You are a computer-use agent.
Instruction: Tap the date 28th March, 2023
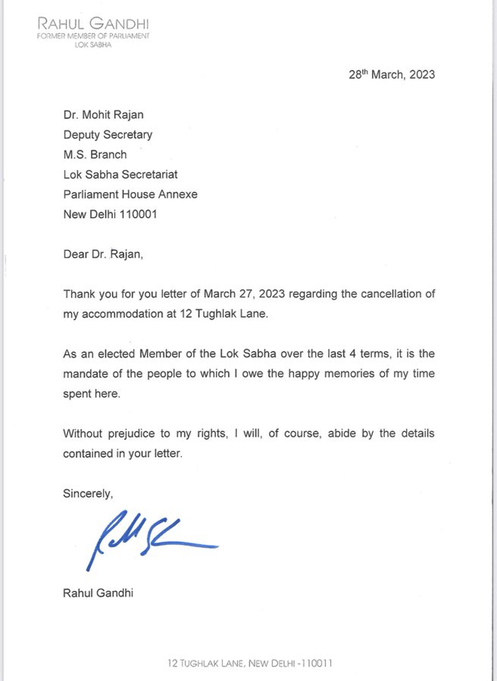pyautogui.click(x=391, y=74)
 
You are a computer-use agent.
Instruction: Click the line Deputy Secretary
pyautogui.click(x=108, y=134)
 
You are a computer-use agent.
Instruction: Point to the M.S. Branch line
pyautogui.click(x=95, y=154)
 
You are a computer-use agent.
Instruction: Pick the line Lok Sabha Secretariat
pyautogui.click(x=121, y=174)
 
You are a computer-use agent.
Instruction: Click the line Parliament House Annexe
pyautogui.click(x=131, y=194)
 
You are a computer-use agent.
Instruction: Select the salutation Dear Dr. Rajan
pyautogui.click(x=103, y=254)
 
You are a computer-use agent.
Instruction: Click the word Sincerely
pyautogui.click(x=88, y=492)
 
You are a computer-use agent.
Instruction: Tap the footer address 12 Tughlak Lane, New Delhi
pyautogui.click(x=249, y=664)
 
